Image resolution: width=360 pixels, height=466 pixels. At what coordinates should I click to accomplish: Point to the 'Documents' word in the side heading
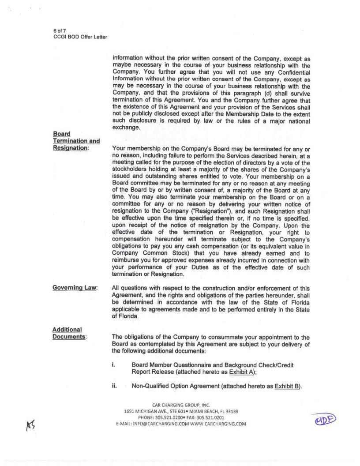[x=69, y=337]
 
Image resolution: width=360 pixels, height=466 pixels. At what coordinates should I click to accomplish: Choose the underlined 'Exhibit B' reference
[x=287, y=387]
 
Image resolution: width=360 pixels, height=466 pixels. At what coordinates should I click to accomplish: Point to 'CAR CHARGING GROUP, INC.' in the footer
[x=181, y=405]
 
